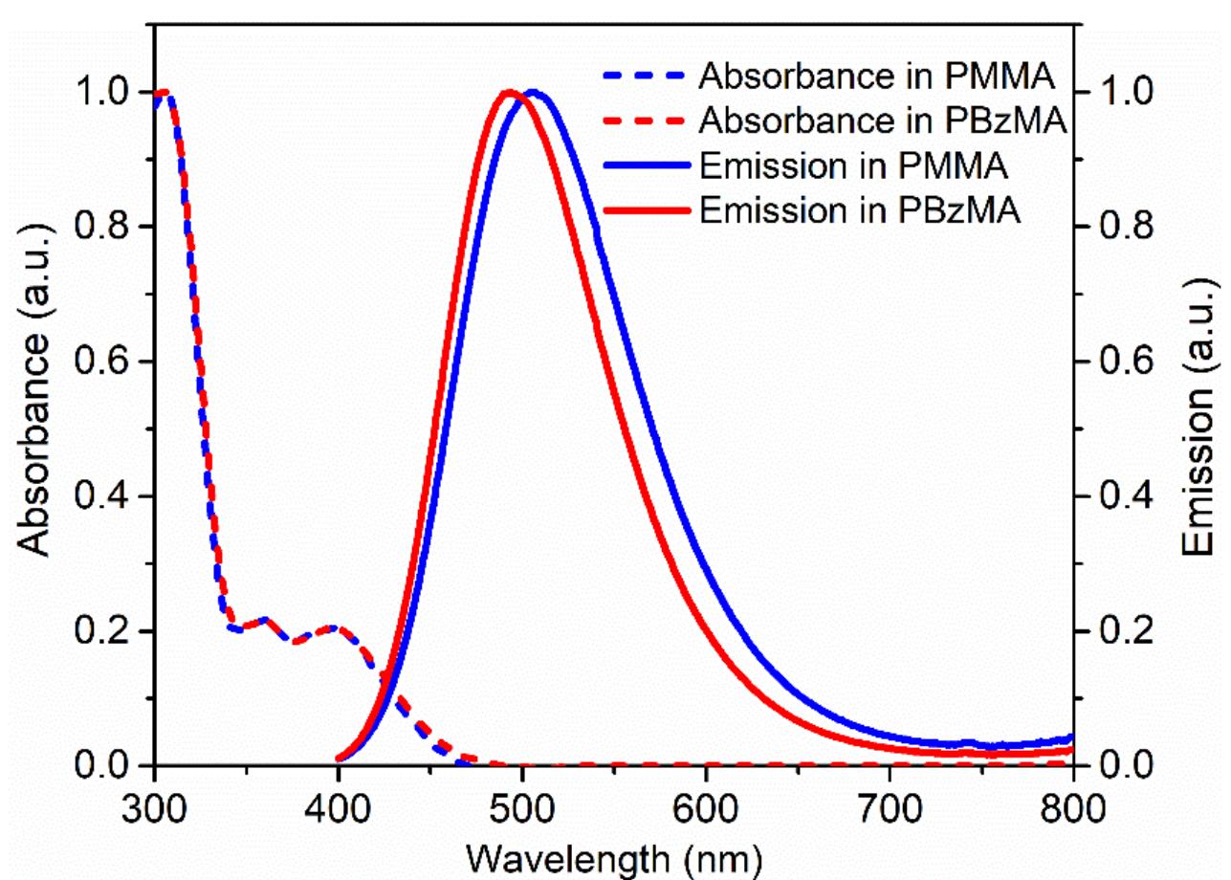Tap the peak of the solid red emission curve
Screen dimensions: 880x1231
[509, 93]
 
